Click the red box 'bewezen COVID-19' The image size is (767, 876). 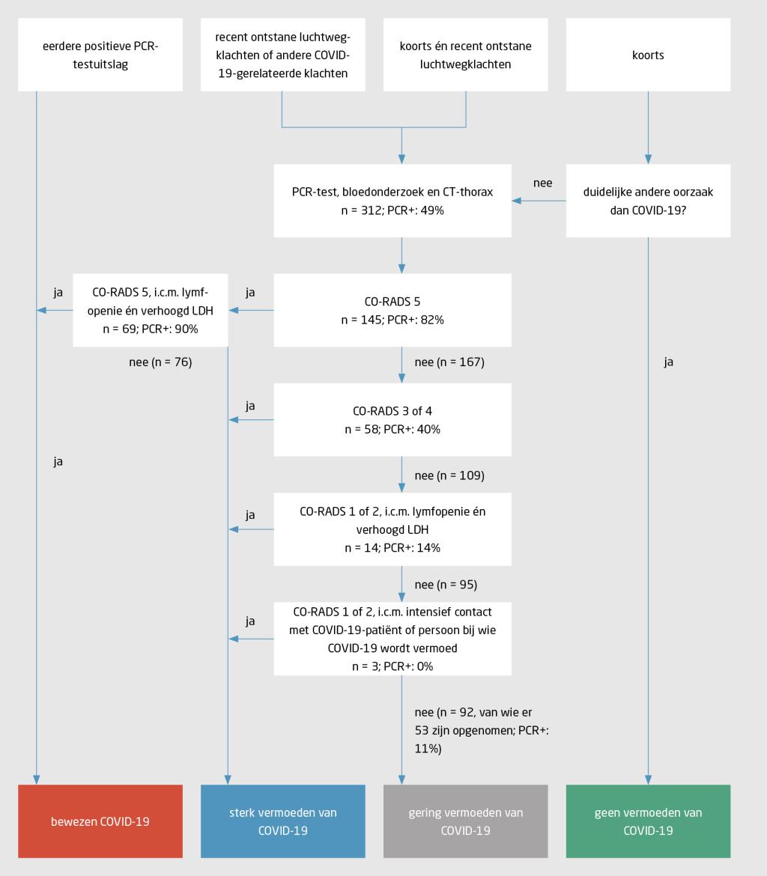(x=100, y=821)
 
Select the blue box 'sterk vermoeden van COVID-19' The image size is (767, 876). (x=283, y=821)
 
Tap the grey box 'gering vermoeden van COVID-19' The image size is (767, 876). (x=465, y=821)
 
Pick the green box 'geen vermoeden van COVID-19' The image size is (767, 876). (x=648, y=821)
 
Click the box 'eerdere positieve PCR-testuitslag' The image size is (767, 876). (x=100, y=55)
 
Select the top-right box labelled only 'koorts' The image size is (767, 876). (x=648, y=55)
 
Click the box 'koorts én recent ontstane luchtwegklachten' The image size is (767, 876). (x=465, y=55)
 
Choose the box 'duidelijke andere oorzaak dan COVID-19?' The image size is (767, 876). (x=648, y=201)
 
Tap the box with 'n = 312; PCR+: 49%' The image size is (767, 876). (x=392, y=201)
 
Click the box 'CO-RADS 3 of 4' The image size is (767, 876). (x=392, y=420)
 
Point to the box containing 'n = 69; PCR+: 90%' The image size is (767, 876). (x=151, y=310)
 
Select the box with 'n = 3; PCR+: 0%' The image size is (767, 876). (x=392, y=639)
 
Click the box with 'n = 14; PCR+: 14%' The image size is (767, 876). (x=392, y=529)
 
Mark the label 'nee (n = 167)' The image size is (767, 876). (x=449, y=362)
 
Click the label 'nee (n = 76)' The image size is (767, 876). (x=160, y=362)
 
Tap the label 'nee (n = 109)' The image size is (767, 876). (x=449, y=475)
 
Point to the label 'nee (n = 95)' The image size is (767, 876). (x=446, y=585)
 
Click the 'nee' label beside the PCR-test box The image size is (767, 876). (x=542, y=183)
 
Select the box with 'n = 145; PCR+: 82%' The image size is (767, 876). (x=392, y=310)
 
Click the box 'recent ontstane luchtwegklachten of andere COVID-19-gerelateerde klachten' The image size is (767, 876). (x=283, y=55)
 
